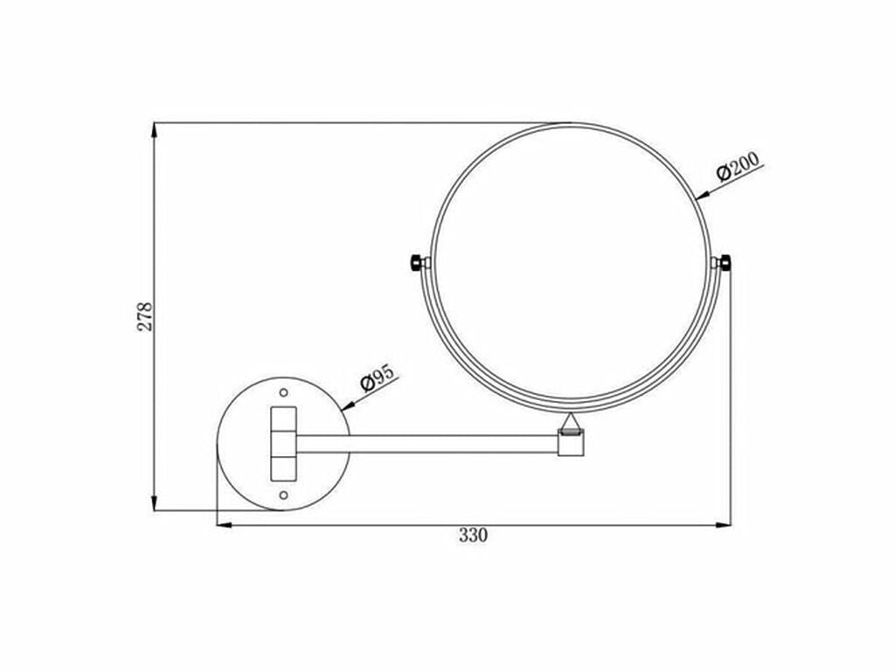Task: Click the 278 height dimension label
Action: click(145, 316)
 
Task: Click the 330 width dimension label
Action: click(473, 536)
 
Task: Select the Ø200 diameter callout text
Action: click(739, 168)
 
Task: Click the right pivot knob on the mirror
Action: click(724, 262)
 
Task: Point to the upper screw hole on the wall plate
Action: click(283, 391)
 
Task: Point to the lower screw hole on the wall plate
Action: click(283, 495)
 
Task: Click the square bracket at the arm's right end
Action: click(571, 444)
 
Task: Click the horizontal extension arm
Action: click(428, 443)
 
